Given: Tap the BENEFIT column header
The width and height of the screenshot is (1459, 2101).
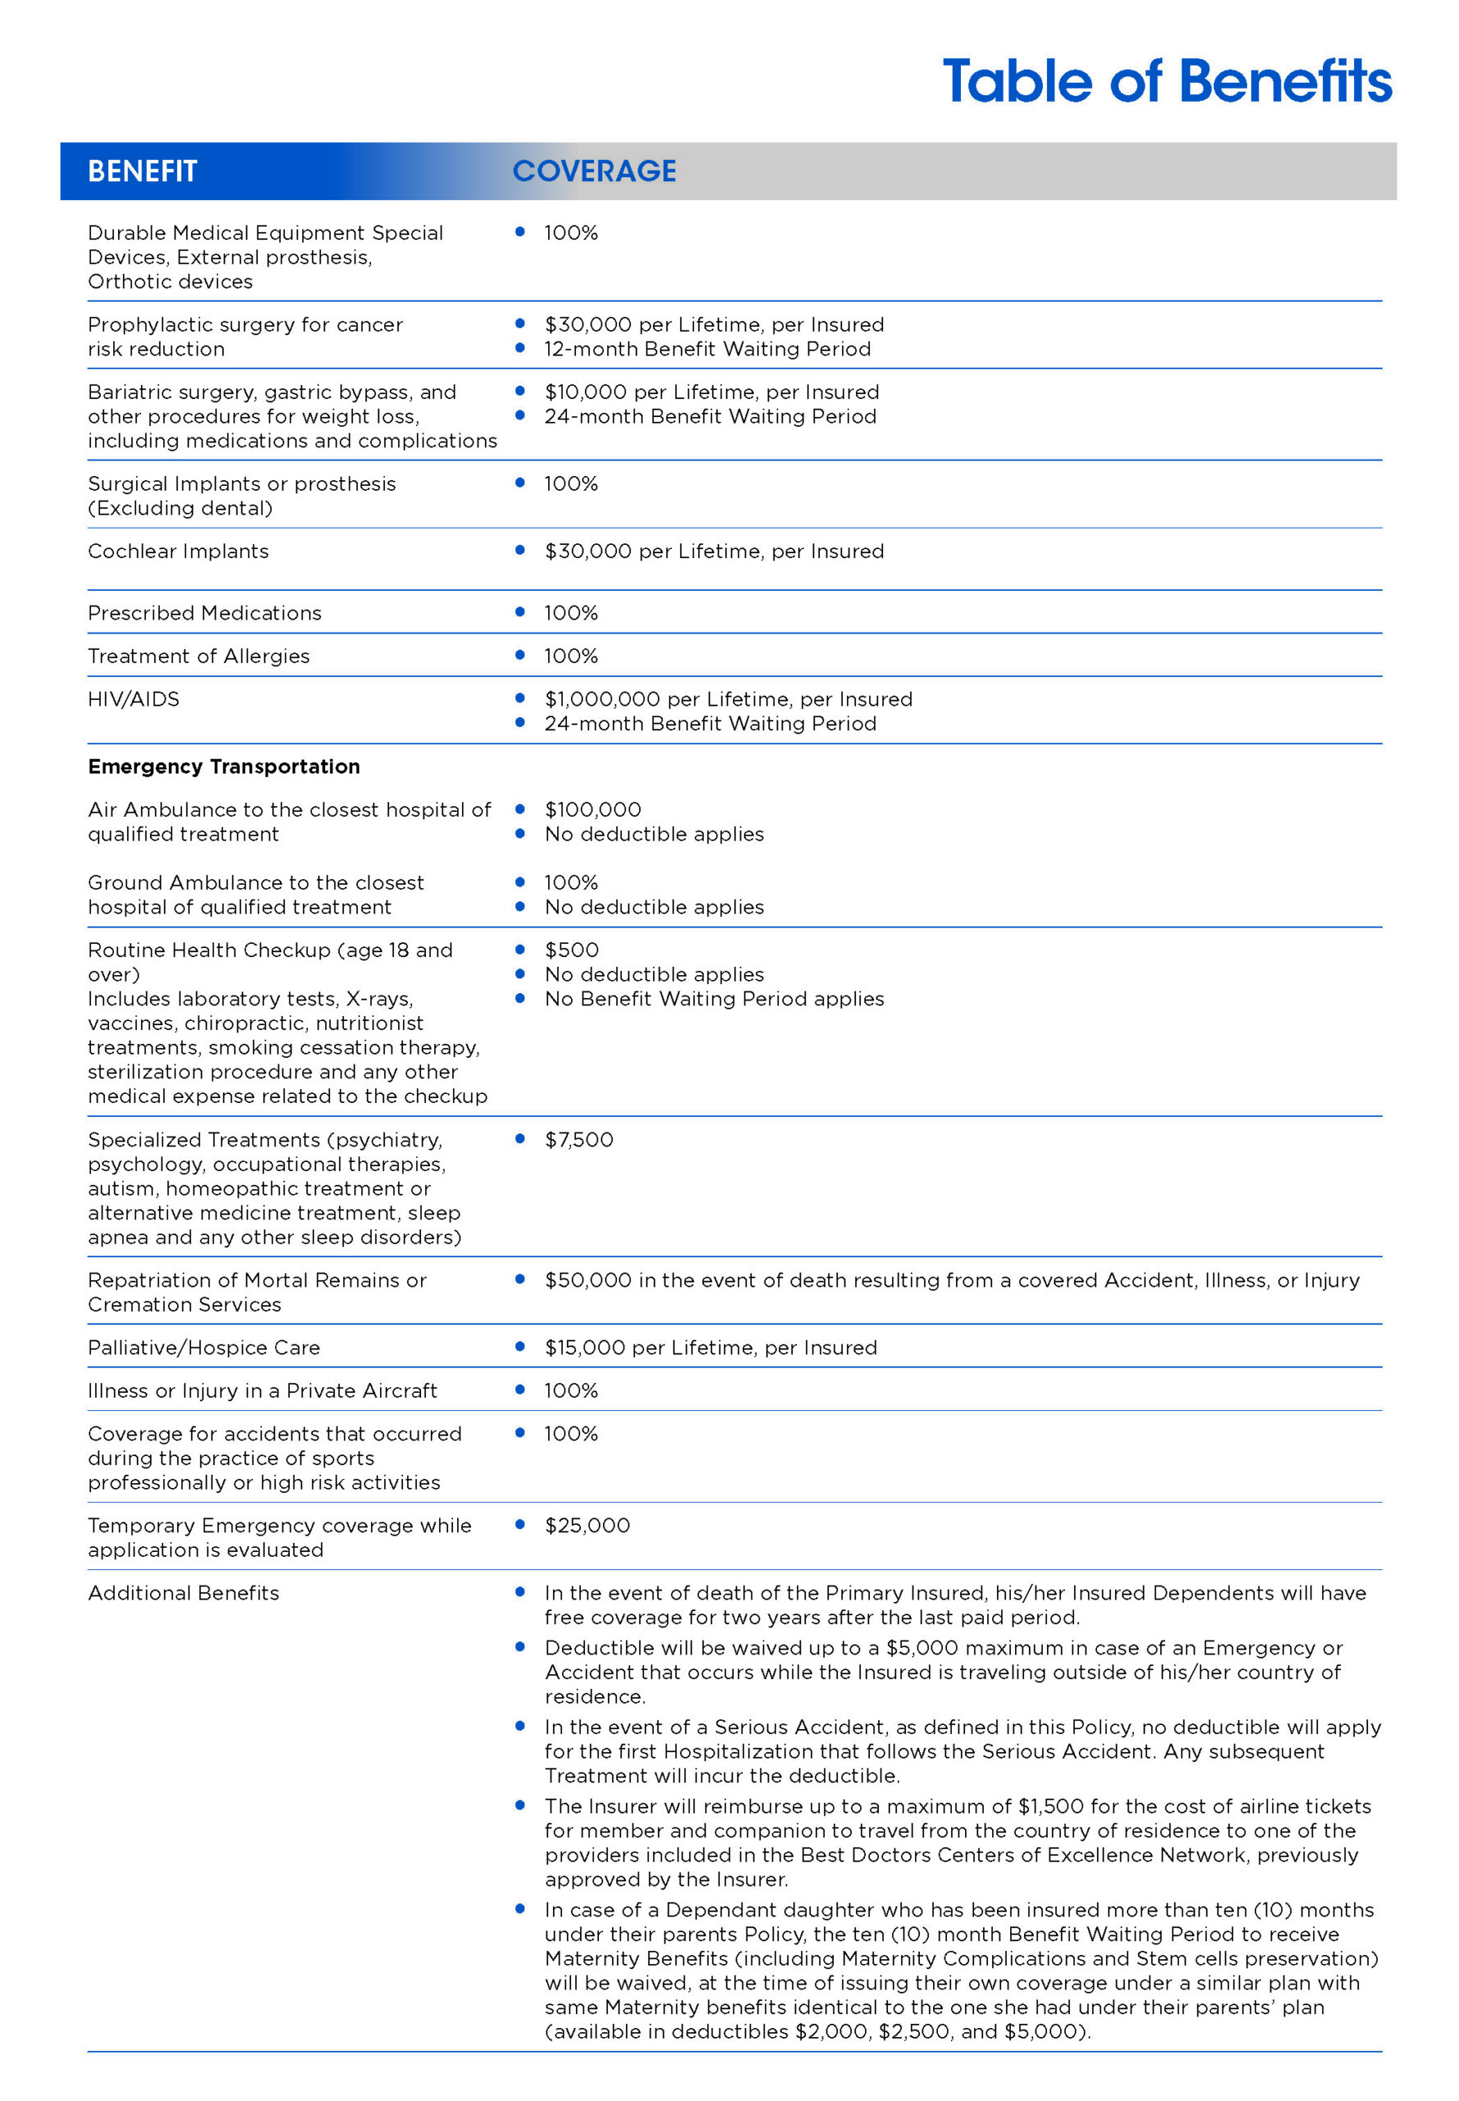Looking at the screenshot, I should pyautogui.click(x=143, y=171).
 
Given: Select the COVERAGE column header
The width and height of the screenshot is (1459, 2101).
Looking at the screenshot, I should pyautogui.click(x=594, y=171).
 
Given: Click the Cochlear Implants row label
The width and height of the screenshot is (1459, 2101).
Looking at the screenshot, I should pyautogui.click(x=178, y=552).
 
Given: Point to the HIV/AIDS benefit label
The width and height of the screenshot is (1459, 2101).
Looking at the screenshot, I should pyautogui.click(x=134, y=699).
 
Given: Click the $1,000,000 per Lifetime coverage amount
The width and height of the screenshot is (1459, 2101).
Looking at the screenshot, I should pyautogui.click(x=728, y=699).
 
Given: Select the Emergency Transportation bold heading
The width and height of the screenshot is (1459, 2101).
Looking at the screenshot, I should pyautogui.click(x=224, y=767).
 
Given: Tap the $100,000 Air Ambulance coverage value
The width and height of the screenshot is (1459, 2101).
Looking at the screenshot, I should pyautogui.click(x=592, y=810).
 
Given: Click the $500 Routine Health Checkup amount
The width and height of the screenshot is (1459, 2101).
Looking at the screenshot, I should pyautogui.click(x=571, y=951).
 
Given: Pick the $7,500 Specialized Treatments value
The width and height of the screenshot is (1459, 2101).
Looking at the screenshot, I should pyautogui.click(x=579, y=1140).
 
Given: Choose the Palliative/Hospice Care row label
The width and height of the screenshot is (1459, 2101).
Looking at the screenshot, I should pyautogui.click(x=204, y=1348).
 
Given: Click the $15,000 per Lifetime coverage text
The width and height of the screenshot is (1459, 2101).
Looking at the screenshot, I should pyautogui.click(x=711, y=1348).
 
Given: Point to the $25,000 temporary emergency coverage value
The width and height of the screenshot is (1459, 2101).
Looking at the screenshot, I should pyautogui.click(x=587, y=1526).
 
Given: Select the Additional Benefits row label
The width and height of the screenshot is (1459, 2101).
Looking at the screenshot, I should pyautogui.click(x=184, y=1594).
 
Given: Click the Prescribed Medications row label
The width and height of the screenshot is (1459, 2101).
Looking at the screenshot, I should pyautogui.click(x=205, y=614).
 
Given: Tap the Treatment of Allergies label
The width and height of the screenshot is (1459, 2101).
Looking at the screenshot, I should pyautogui.click(x=199, y=657).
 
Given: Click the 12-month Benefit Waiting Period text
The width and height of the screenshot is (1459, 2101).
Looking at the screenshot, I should pyautogui.click(x=707, y=350).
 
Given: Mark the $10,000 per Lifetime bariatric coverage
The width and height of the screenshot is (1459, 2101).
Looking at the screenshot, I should pyautogui.click(x=711, y=392).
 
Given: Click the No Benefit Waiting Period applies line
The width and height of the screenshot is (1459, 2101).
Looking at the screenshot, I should pyautogui.click(x=714, y=1000).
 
